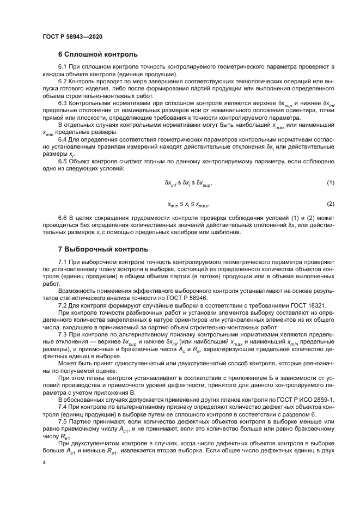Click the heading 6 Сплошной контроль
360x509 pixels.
click(94, 54)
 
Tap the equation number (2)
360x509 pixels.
click(330, 204)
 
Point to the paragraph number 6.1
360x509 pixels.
click(62, 67)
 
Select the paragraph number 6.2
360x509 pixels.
click(62, 81)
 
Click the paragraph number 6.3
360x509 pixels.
click(62, 102)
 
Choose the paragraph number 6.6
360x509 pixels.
click(62, 218)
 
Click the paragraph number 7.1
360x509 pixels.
click(62, 262)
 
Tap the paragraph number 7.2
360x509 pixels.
click(62, 305)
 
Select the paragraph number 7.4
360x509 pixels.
click(62, 407)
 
